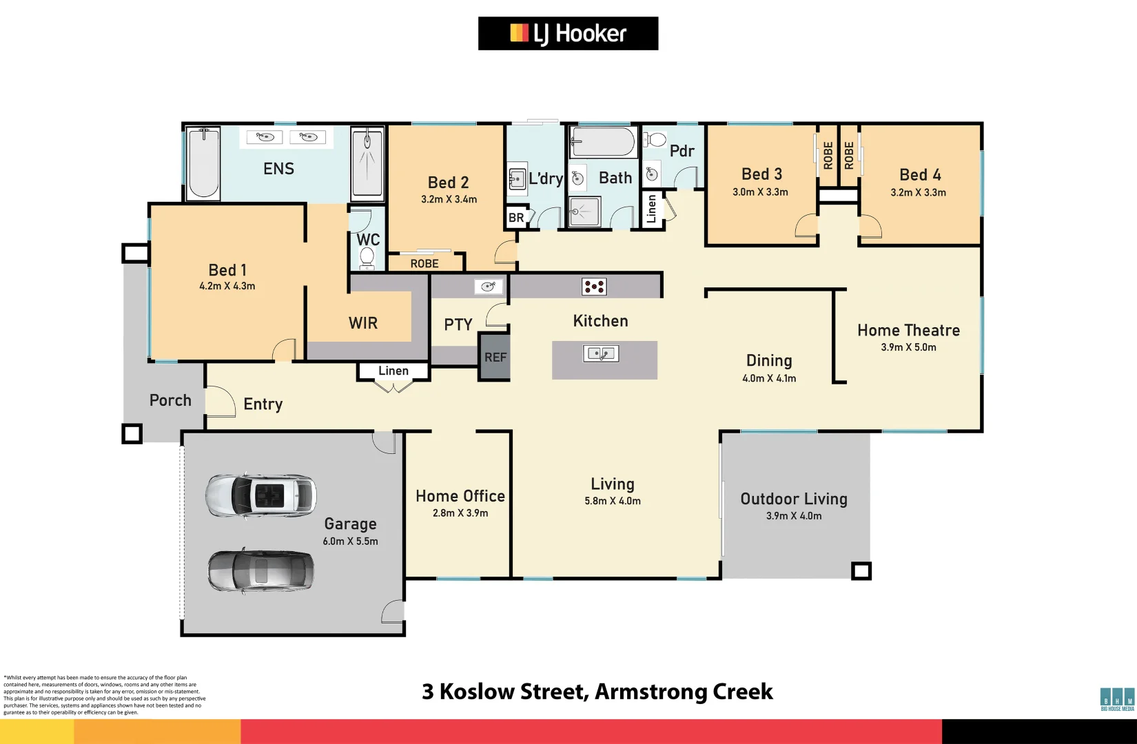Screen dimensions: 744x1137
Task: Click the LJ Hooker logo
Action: pos(568,33)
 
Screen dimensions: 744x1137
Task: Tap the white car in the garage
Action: pos(261,495)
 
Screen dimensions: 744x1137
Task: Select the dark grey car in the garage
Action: pos(260,570)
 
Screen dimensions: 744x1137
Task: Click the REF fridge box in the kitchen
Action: pos(495,357)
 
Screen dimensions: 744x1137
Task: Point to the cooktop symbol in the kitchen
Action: pos(594,287)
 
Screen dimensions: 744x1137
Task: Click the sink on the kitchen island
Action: pos(601,354)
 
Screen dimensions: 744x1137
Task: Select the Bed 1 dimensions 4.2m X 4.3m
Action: pos(227,286)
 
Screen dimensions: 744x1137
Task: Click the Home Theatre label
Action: pos(908,330)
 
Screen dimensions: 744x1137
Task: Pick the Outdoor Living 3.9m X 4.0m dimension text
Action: pos(794,515)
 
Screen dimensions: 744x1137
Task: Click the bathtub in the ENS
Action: pos(203,164)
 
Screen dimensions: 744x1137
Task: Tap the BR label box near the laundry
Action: pos(516,218)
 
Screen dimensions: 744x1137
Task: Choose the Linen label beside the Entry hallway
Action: pos(393,371)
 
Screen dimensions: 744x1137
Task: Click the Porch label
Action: pos(170,400)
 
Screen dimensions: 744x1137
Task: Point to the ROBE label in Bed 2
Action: pos(424,263)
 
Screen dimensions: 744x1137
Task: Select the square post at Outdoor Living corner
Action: pos(861,571)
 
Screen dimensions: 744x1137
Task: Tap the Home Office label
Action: pos(460,496)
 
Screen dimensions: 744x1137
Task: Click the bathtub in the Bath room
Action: pos(604,143)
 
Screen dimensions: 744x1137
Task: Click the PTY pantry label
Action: pos(458,324)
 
